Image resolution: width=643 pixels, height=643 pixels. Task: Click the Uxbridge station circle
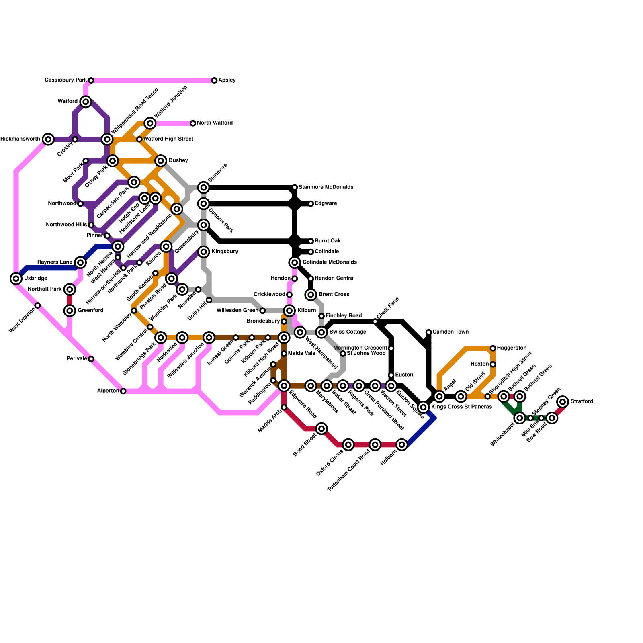[x=16, y=278]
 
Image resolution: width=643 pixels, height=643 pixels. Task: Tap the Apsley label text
[x=227, y=80]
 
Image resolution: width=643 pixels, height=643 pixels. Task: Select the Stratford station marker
[x=563, y=401]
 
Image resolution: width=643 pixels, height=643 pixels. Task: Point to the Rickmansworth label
[x=20, y=139]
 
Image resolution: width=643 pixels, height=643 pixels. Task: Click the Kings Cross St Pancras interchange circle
[x=423, y=407]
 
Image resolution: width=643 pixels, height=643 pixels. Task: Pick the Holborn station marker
[x=402, y=444]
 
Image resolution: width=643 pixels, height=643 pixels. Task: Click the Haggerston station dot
[x=493, y=348]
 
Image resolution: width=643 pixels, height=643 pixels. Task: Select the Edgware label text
[x=326, y=203]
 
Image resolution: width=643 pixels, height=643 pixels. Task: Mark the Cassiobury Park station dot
[x=91, y=80]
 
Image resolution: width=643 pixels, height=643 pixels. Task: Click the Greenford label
[x=90, y=310]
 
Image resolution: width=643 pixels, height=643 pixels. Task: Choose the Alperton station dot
[x=123, y=391]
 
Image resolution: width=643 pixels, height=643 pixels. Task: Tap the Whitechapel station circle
[x=520, y=418]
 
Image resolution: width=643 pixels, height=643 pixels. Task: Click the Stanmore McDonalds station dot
[x=295, y=188]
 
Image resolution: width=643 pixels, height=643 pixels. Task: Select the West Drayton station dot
[x=38, y=305]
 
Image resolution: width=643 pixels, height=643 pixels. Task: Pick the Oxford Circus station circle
[x=348, y=444]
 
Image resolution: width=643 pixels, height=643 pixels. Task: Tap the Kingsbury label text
[x=225, y=252]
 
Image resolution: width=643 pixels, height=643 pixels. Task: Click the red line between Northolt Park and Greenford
[x=70, y=300]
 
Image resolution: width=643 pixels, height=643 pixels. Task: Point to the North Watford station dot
[x=193, y=123]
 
